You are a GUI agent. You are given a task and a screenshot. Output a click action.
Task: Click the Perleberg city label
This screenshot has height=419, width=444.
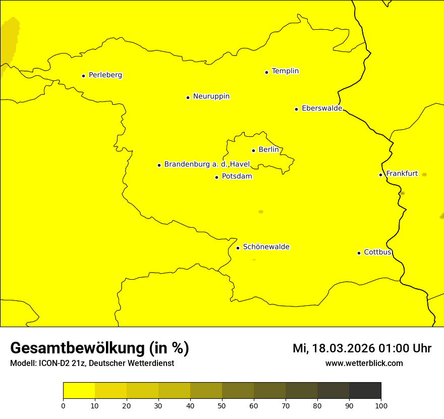point(105,75)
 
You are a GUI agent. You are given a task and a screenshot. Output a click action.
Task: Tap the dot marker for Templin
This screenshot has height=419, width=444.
point(266,72)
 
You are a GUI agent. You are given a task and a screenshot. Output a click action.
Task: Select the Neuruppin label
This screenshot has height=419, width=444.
point(211,96)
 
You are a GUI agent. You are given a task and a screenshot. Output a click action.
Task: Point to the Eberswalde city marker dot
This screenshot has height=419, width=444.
point(296,109)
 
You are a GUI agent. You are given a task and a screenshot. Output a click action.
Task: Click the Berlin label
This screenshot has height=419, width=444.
point(268,150)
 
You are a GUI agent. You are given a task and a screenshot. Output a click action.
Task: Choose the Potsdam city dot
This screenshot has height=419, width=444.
point(216,177)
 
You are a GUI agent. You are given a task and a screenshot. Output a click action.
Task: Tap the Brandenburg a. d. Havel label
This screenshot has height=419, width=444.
point(207,165)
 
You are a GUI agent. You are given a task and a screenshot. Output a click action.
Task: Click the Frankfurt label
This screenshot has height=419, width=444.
point(402,174)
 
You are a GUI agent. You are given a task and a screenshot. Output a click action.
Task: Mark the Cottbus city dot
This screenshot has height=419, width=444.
point(359,253)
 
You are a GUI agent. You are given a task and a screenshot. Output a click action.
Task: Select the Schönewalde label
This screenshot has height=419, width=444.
point(266,247)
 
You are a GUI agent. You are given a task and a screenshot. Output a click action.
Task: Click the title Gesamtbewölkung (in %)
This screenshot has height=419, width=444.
point(99,348)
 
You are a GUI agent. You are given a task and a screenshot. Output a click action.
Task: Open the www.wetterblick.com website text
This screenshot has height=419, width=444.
point(364,363)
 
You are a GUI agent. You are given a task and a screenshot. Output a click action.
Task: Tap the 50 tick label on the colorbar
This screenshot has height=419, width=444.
point(222,405)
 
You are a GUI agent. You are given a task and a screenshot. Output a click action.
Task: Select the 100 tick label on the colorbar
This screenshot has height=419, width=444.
point(381,405)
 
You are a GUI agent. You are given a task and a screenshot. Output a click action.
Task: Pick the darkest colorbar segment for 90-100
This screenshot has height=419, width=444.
point(365,391)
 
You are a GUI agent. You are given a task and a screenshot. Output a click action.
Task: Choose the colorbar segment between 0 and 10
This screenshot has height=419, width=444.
point(79,391)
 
